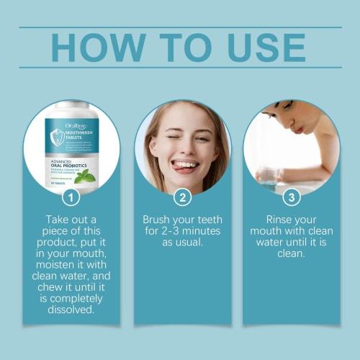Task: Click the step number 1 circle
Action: click(x=71, y=197)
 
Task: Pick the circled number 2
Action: click(x=183, y=197)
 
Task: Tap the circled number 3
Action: click(x=292, y=197)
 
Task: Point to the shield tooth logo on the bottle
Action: click(x=57, y=136)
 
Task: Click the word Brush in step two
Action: click(x=156, y=219)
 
